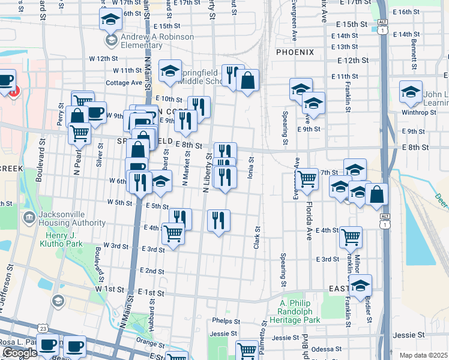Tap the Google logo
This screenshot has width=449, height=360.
pyautogui.click(x=20, y=353)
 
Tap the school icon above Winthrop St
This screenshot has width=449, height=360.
pyautogui.click(x=411, y=92)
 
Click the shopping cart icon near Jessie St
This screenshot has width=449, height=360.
pyautogui.click(x=247, y=350)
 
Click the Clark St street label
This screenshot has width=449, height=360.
pyautogui.click(x=256, y=238)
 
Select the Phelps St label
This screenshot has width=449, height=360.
pyautogui.click(x=225, y=322)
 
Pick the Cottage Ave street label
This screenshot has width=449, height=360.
pyautogui.click(x=122, y=83)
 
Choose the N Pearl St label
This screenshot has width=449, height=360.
pyautogui.click(x=77, y=159)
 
